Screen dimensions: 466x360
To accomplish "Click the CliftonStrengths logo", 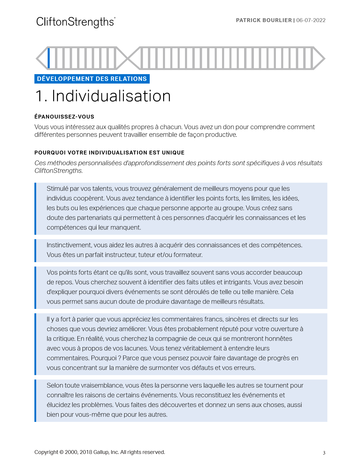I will tap(76, 22).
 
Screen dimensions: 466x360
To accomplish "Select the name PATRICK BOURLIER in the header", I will tap(264, 20).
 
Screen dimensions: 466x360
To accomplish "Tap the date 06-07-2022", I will tap(311, 20).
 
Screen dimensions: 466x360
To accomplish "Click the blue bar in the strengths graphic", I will tap(49, 58).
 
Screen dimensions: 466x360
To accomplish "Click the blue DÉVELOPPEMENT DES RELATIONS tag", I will tap(92, 79).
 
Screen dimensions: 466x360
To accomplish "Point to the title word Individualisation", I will tap(111, 96).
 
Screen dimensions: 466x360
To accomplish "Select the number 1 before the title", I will tap(39, 96).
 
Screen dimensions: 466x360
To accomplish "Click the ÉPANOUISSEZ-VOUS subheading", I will tap(64, 117).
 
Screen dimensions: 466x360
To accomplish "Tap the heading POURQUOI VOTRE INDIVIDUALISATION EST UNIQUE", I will tap(109, 153).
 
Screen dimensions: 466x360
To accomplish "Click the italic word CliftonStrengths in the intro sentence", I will tap(58, 171).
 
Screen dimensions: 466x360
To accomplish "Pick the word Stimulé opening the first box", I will tap(57, 189).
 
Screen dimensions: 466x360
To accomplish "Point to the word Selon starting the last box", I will tap(54, 385).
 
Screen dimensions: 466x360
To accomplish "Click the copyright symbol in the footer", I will tap(61, 452).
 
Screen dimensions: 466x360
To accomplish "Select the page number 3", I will tap(324, 453).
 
